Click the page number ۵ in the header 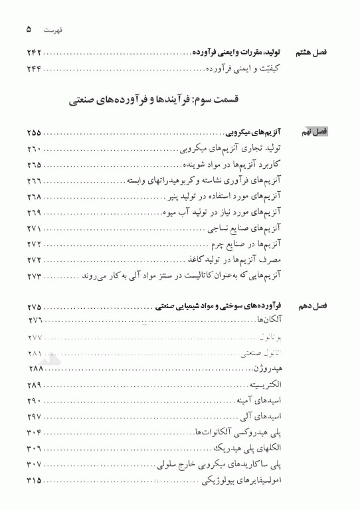tap(30, 30)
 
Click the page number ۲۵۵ tap(34, 133)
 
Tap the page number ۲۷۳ tap(34, 275)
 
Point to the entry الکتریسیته tap(265, 385)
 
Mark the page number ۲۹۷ tap(34, 416)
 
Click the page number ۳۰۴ tap(34, 432)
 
